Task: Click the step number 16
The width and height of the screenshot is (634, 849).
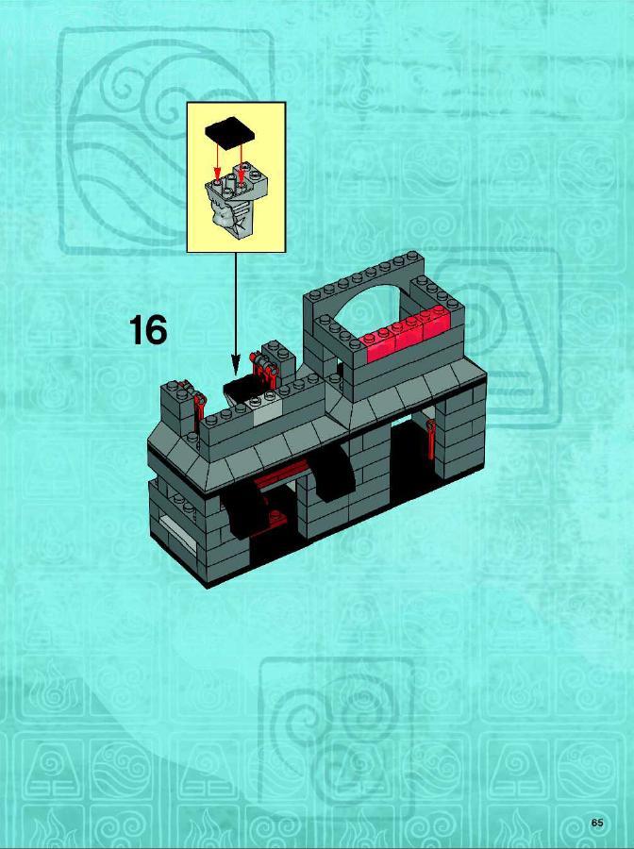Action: click(148, 331)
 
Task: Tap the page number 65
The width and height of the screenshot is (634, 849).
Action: click(597, 823)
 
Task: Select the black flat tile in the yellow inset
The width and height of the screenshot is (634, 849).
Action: click(230, 131)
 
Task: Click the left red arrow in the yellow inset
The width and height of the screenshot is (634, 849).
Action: click(218, 160)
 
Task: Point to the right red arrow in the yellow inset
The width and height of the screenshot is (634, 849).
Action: click(242, 156)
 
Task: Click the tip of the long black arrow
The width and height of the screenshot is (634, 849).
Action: click(236, 375)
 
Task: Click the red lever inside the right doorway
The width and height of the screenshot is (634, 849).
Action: click(431, 439)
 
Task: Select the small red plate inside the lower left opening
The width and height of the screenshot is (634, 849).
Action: click(275, 519)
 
